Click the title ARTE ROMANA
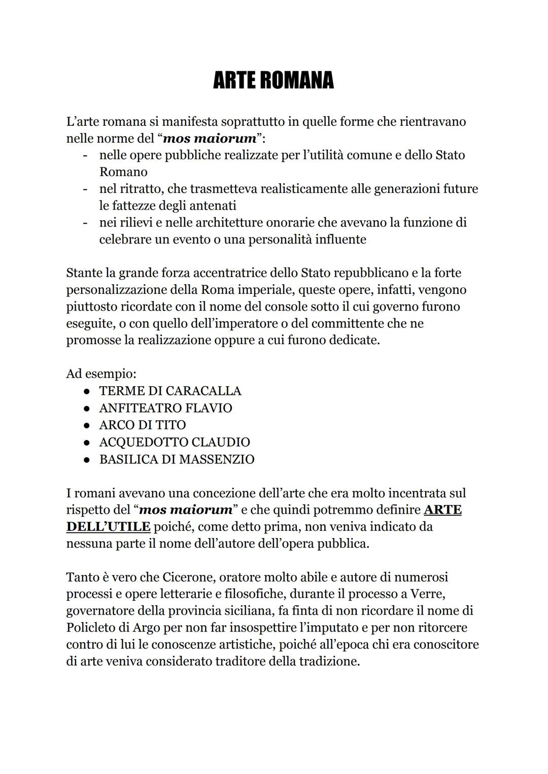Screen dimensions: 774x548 (x=273, y=80)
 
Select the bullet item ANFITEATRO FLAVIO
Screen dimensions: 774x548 (x=165, y=408)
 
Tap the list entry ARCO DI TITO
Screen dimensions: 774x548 (x=143, y=425)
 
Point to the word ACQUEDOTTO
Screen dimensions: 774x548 (x=144, y=442)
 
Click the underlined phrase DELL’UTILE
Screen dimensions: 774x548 (x=108, y=526)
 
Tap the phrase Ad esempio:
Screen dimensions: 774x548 (x=101, y=374)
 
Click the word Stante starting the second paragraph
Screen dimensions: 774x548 (x=84, y=273)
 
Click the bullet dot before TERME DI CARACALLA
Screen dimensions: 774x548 (x=87, y=391)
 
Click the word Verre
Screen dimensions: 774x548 (x=427, y=594)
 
